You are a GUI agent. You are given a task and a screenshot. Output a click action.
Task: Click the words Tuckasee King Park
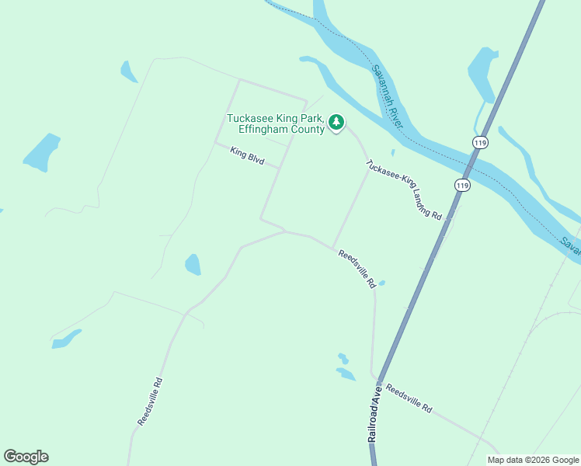[x=275, y=118]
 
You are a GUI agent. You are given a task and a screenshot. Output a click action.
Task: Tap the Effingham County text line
[x=281, y=129]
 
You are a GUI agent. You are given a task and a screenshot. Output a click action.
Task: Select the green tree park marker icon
[x=336, y=122]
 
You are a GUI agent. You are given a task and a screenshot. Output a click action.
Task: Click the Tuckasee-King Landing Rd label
[x=404, y=190]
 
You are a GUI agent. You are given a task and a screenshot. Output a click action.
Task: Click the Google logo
[x=26, y=457]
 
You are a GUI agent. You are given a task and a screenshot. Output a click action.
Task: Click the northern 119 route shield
[x=479, y=142]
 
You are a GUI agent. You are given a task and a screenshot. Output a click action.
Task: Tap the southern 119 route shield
[x=462, y=185]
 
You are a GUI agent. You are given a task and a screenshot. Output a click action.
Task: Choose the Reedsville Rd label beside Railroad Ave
[x=409, y=398]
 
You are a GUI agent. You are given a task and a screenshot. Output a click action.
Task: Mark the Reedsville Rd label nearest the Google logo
[x=151, y=401]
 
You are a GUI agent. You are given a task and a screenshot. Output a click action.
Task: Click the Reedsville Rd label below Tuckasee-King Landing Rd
[x=357, y=269]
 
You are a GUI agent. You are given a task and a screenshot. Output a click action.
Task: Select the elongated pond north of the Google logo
[x=67, y=339]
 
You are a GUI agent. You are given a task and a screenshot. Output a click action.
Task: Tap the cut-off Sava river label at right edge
[x=571, y=247]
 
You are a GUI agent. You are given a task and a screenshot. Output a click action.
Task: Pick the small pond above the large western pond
[x=128, y=71]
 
